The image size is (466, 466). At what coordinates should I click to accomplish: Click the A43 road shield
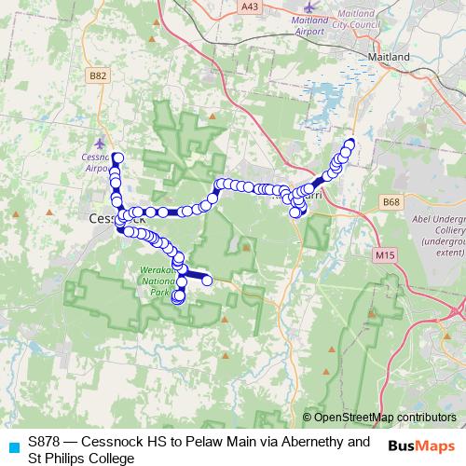tap(249, 7)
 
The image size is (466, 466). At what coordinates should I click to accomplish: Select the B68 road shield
tap(392, 200)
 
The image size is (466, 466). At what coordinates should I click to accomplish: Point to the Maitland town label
tap(390, 57)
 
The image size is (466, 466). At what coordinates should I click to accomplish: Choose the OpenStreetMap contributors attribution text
tap(384, 418)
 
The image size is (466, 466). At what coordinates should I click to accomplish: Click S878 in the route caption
tap(46, 441)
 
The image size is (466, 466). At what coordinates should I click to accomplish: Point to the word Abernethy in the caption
tap(290, 441)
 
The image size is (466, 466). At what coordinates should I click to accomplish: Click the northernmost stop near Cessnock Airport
tap(117, 158)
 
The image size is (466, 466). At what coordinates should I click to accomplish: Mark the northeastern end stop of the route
tap(350, 144)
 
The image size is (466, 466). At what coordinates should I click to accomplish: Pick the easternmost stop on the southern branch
tap(207, 280)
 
